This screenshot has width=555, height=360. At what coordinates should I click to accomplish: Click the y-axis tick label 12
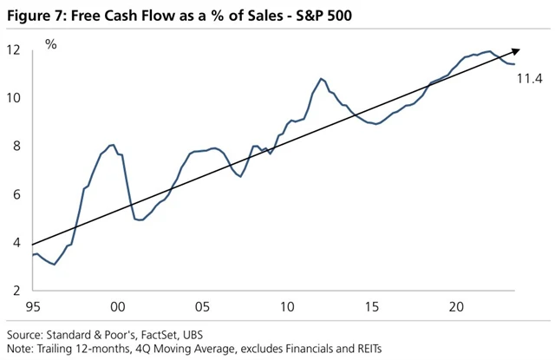coord(14,49)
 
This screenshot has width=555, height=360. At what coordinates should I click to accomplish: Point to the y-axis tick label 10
coord(14,97)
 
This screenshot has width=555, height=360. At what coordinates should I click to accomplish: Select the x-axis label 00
coord(118,307)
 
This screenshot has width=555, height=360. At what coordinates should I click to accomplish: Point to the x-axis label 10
coord(287,307)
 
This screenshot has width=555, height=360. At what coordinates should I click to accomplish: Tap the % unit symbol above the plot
coord(50,43)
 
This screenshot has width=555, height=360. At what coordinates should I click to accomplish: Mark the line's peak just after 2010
coord(321,79)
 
